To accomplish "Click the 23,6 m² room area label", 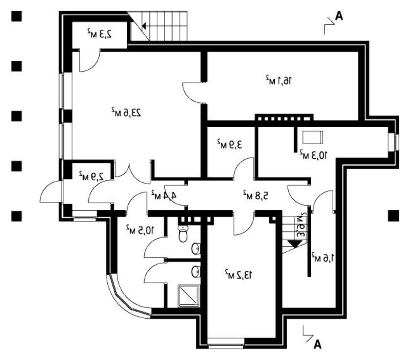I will (126, 112).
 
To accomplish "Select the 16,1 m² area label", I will (279, 80).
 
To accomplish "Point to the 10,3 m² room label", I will (314, 154).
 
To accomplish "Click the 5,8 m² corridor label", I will (255, 195).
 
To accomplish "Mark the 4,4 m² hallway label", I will (164, 194).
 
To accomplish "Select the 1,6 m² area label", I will (323, 257).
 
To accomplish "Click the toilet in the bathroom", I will (183, 235).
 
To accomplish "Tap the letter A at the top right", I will (339, 16).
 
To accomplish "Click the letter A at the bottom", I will (317, 344).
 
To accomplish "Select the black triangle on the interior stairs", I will (294, 243).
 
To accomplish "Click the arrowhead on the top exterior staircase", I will (144, 27).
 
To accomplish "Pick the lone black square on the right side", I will (393, 215).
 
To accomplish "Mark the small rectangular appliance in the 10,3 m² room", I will (313, 136).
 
